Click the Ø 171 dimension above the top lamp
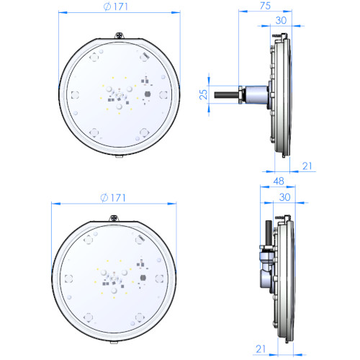[x=116, y=6]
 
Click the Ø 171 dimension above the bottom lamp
[x=113, y=198]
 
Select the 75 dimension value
[x=265, y=6]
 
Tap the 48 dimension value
[x=279, y=181]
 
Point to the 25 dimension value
[x=203, y=94]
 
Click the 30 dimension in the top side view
[x=281, y=20]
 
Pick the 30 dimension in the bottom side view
[x=285, y=197]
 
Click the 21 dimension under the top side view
[x=307, y=166]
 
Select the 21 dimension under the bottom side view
[x=261, y=348]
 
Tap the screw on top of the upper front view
[x=120, y=35]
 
